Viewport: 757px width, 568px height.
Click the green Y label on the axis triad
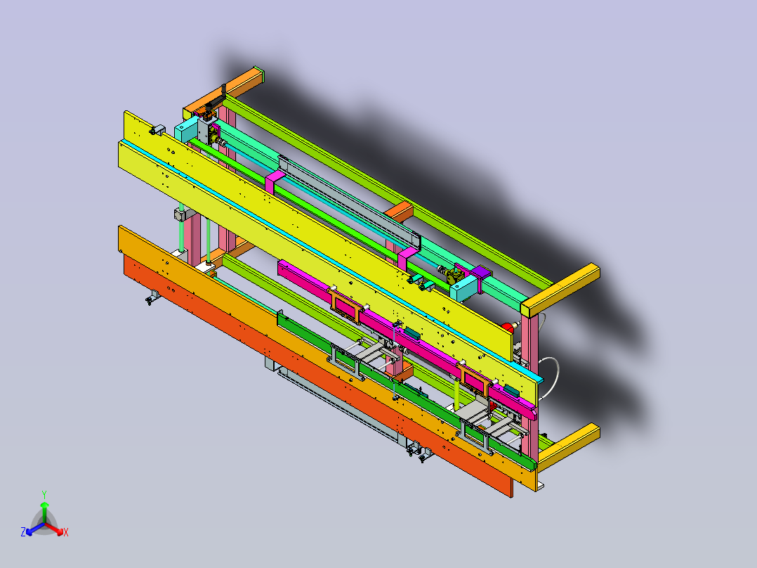44,494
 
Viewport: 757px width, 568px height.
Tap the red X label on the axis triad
66,532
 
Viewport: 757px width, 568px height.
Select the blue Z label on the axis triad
23,532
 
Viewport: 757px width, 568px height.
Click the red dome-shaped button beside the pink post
507,328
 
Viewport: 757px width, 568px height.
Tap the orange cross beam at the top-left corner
223,93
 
